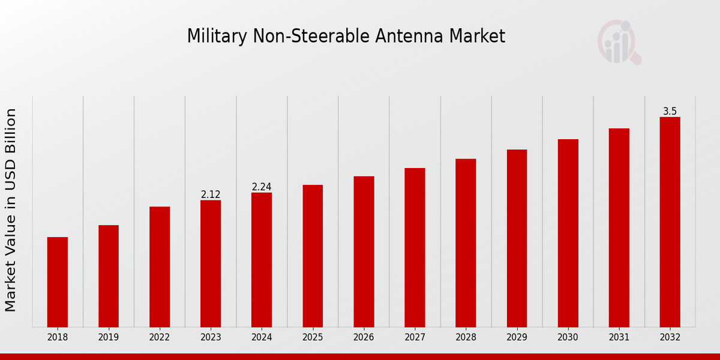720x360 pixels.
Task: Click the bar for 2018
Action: (x=58, y=282)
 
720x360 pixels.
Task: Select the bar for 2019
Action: (x=109, y=276)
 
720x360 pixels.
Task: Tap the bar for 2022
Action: (x=160, y=267)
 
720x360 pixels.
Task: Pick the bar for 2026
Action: (x=364, y=251)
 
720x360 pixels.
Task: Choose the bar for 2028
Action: (x=466, y=243)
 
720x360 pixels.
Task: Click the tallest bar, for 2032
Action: (x=670, y=222)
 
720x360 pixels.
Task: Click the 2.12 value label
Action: (x=211, y=194)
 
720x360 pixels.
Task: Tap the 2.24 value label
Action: (x=262, y=187)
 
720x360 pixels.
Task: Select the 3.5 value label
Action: (x=670, y=112)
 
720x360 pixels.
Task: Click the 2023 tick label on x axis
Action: (x=211, y=337)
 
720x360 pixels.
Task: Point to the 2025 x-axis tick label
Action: (x=313, y=337)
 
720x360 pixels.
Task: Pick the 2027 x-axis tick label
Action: (x=415, y=337)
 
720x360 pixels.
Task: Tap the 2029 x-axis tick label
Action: (x=517, y=337)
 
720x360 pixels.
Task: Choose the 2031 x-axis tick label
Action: (x=619, y=337)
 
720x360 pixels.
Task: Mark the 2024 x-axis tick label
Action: (x=262, y=337)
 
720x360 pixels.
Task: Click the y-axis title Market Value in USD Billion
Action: (x=11, y=210)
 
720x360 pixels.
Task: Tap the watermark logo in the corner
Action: (x=619, y=42)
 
